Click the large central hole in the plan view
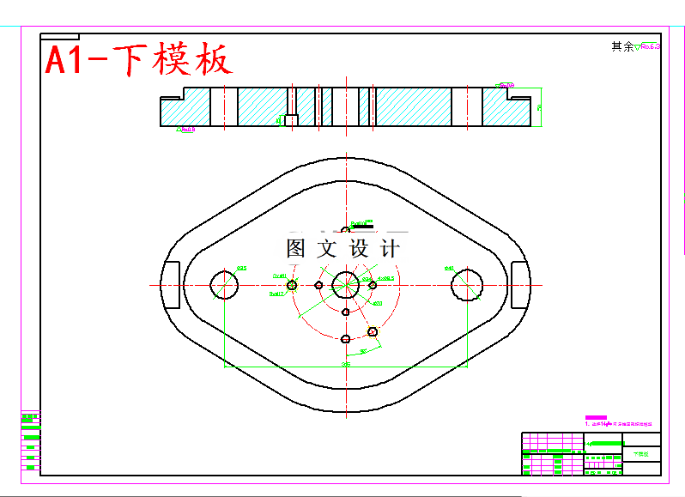[346, 284]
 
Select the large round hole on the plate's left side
[225, 284]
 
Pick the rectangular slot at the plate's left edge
[171, 284]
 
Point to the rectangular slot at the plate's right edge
[521, 284]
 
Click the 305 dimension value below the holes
[347, 365]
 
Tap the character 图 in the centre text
[296, 249]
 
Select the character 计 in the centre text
[390, 249]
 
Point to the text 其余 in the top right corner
[621, 47]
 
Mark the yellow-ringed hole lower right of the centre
[373, 331]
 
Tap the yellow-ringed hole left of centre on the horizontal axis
[292, 285]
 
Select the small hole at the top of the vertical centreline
[346, 230]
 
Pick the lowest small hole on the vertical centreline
[346, 339]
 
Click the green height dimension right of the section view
[539, 108]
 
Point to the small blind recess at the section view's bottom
[291, 119]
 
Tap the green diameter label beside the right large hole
[448, 269]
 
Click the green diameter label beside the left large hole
[241, 269]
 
